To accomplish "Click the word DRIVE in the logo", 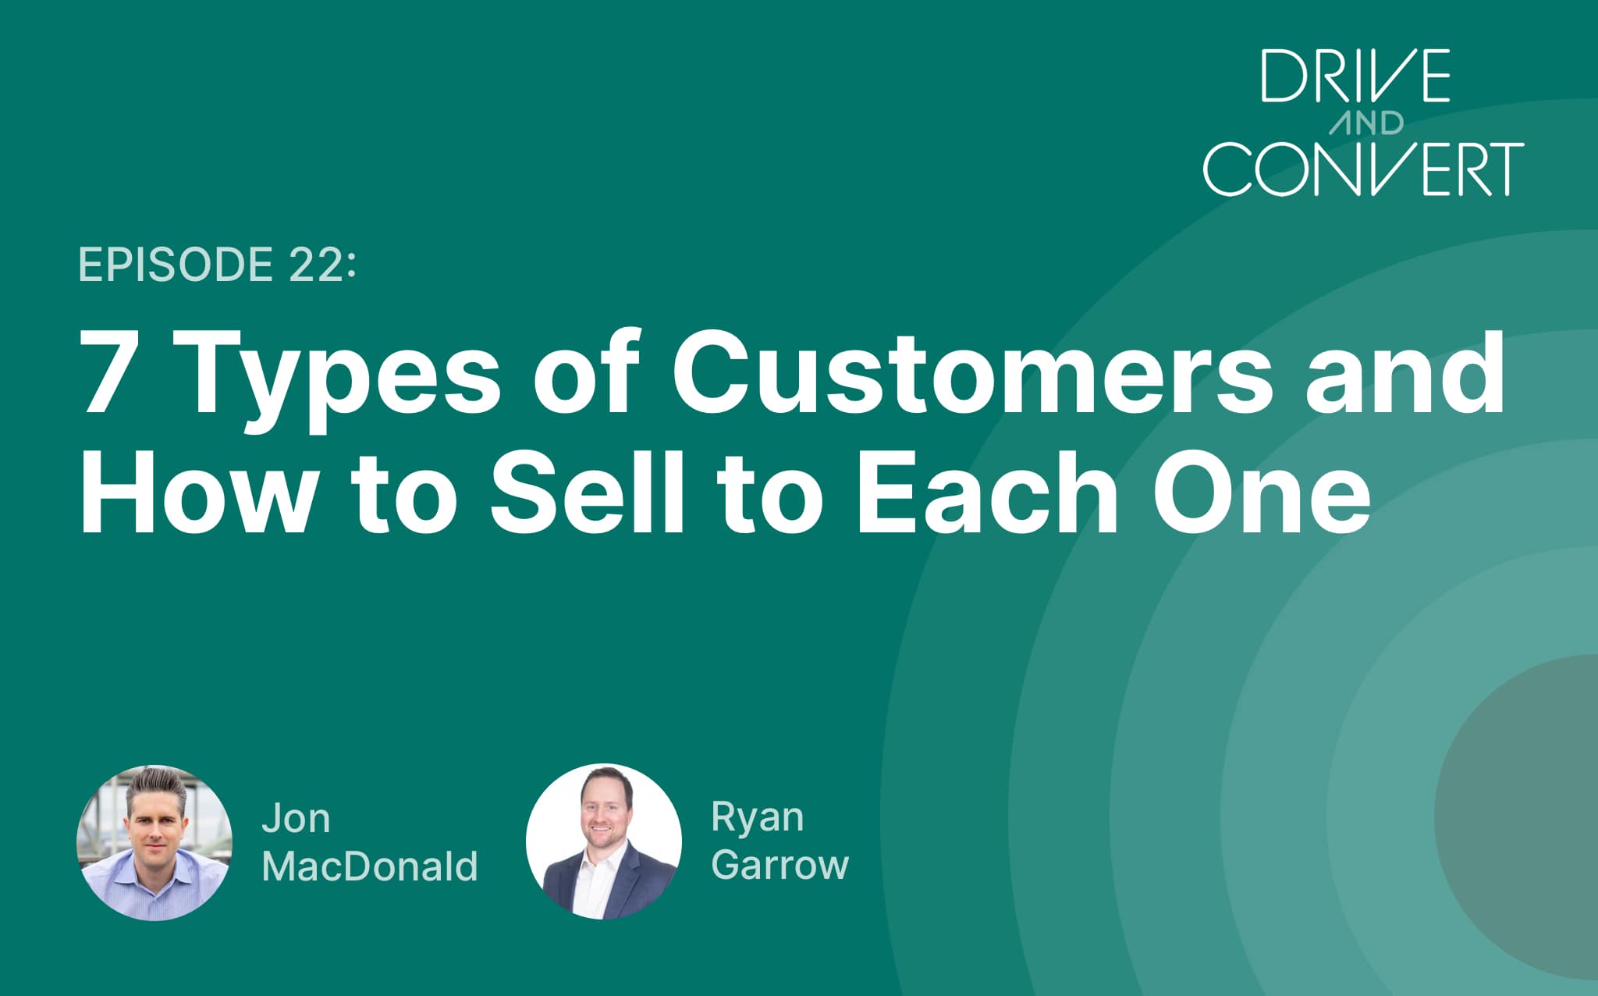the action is [x=1356, y=76].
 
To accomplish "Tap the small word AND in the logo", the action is [x=1367, y=123].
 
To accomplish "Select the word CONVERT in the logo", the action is [x=1363, y=168].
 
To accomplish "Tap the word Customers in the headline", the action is [x=971, y=373].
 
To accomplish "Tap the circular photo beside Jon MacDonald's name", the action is [x=154, y=842].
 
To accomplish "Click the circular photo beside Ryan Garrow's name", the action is [x=603, y=841].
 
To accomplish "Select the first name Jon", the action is [x=296, y=819].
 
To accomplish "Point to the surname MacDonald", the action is [x=370, y=866].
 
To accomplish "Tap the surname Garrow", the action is [x=779, y=865].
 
